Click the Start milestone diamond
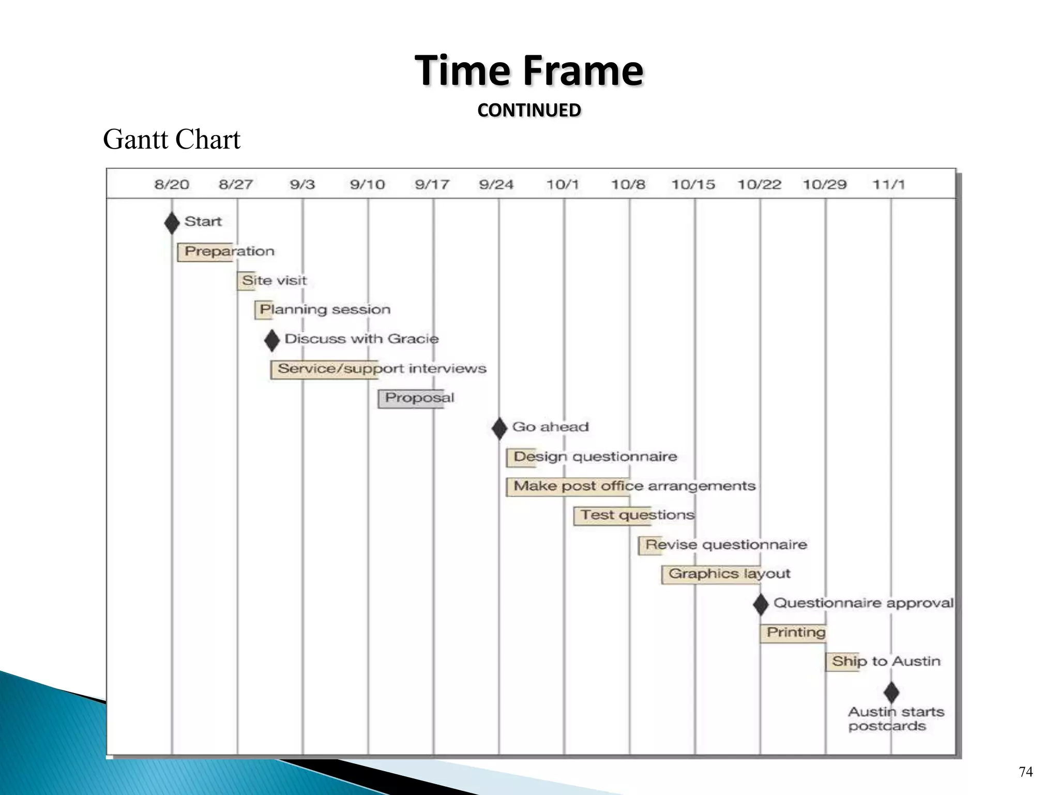(x=172, y=223)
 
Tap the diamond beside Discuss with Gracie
(x=271, y=341)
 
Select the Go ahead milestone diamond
(x=499, y=429)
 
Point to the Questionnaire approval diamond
(x=760, y=604)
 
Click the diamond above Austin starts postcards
(x=891, y=693)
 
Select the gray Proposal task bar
(x=411, y=399)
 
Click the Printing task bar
(x=793, y=633)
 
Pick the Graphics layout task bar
(x=711, y=575)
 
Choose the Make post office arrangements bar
(x=567, y=487)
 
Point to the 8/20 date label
(x=172, y=185)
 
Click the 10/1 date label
(x=563, y=185)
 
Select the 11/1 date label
(x=889, y=185)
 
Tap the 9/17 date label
(x=432, y=185)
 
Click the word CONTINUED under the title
(x=529, y=110)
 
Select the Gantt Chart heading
(x=172, y=140)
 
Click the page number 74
(x=1025, y=772)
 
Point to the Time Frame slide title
(x=529, y=71)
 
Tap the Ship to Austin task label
(x=886, y=661)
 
